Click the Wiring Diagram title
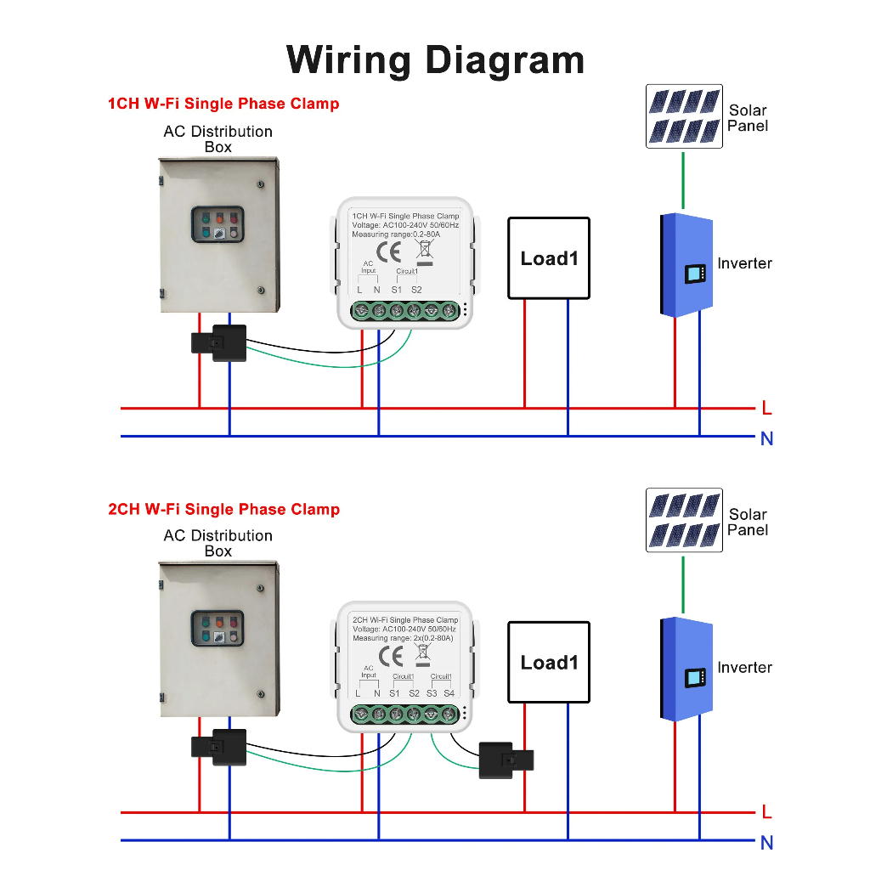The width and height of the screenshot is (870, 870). (435, 60)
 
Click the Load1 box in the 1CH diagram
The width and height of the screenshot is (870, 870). (549, 258)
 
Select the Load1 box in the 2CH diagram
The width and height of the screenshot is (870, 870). (549, 663)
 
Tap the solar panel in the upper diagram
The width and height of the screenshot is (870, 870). (684, 116)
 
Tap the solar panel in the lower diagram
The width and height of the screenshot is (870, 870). (684, 521)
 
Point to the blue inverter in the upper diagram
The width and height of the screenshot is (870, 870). (686, 266)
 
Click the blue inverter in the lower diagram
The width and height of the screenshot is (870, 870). (686, 670)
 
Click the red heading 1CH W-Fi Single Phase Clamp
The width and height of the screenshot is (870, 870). (223, 104)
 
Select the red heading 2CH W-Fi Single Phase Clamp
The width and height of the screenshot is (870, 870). (223, 509)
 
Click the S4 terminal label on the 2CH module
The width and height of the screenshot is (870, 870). (449, 693)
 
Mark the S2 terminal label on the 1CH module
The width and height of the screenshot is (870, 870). (416, 290)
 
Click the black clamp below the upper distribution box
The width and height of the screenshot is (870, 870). (219, 342)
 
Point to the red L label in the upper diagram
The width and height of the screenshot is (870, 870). (767, 409)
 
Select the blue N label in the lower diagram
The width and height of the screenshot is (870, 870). (767, 844)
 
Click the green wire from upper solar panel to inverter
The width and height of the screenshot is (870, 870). (683, 180)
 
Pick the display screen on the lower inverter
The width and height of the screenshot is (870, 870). (696, 678)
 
